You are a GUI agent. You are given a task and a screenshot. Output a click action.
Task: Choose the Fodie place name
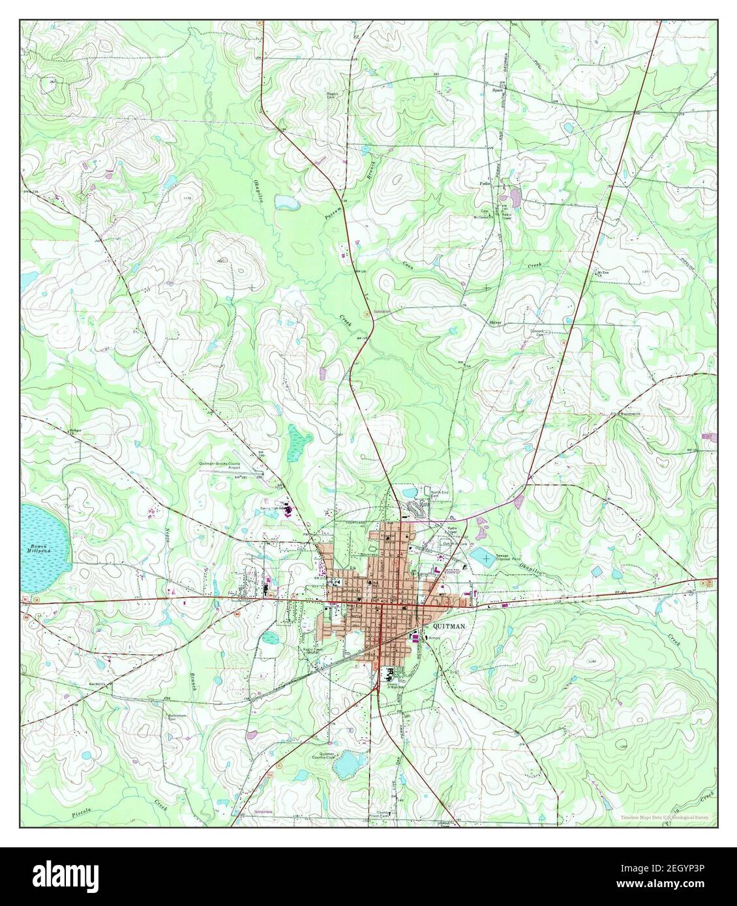pos(485,184)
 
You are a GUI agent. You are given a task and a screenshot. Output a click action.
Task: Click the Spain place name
pos(496,91)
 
